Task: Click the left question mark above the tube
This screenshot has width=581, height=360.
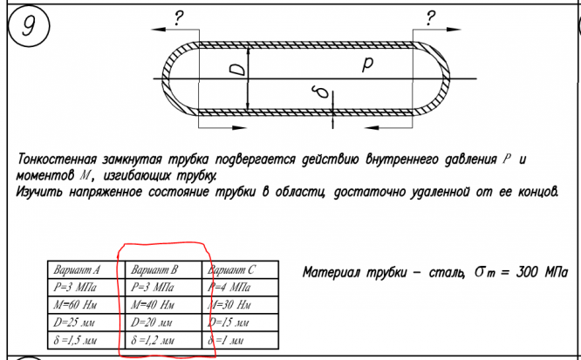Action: coord(180,17)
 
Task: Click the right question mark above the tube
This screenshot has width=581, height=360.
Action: coord(431,17)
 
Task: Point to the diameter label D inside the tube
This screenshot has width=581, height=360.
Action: coord(236,66)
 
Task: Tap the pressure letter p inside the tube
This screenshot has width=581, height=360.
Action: coord(367,65)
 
